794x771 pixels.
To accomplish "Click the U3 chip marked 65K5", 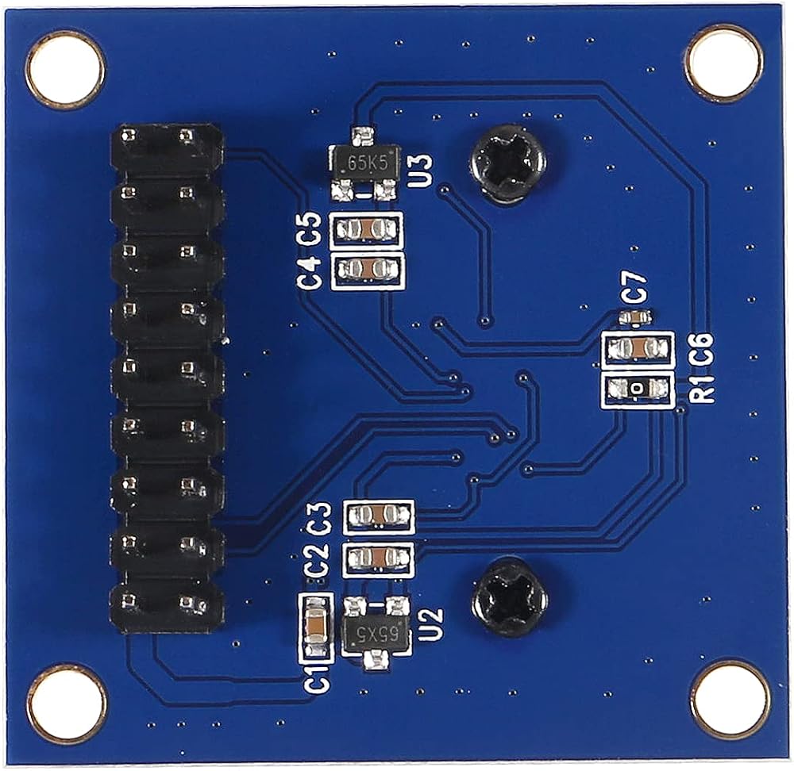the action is pos(364,164).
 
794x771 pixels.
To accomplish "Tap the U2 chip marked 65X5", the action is pos(375,634).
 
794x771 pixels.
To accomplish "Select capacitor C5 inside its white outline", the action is pos(367,231).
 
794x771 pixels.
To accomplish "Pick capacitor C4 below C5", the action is pos(367,270).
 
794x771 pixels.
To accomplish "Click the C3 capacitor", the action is pos(379,517).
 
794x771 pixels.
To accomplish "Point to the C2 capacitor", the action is pos(379,560).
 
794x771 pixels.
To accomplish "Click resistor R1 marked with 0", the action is pos(638,389).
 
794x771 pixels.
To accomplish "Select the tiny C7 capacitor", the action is pos(637,317).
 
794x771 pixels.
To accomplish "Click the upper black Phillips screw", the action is pos(507,164).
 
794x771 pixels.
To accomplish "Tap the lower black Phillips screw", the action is pos(510,596).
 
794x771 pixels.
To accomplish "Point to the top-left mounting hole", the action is pos(65,68).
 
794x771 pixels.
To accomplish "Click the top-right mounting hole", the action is pos(723,63).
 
